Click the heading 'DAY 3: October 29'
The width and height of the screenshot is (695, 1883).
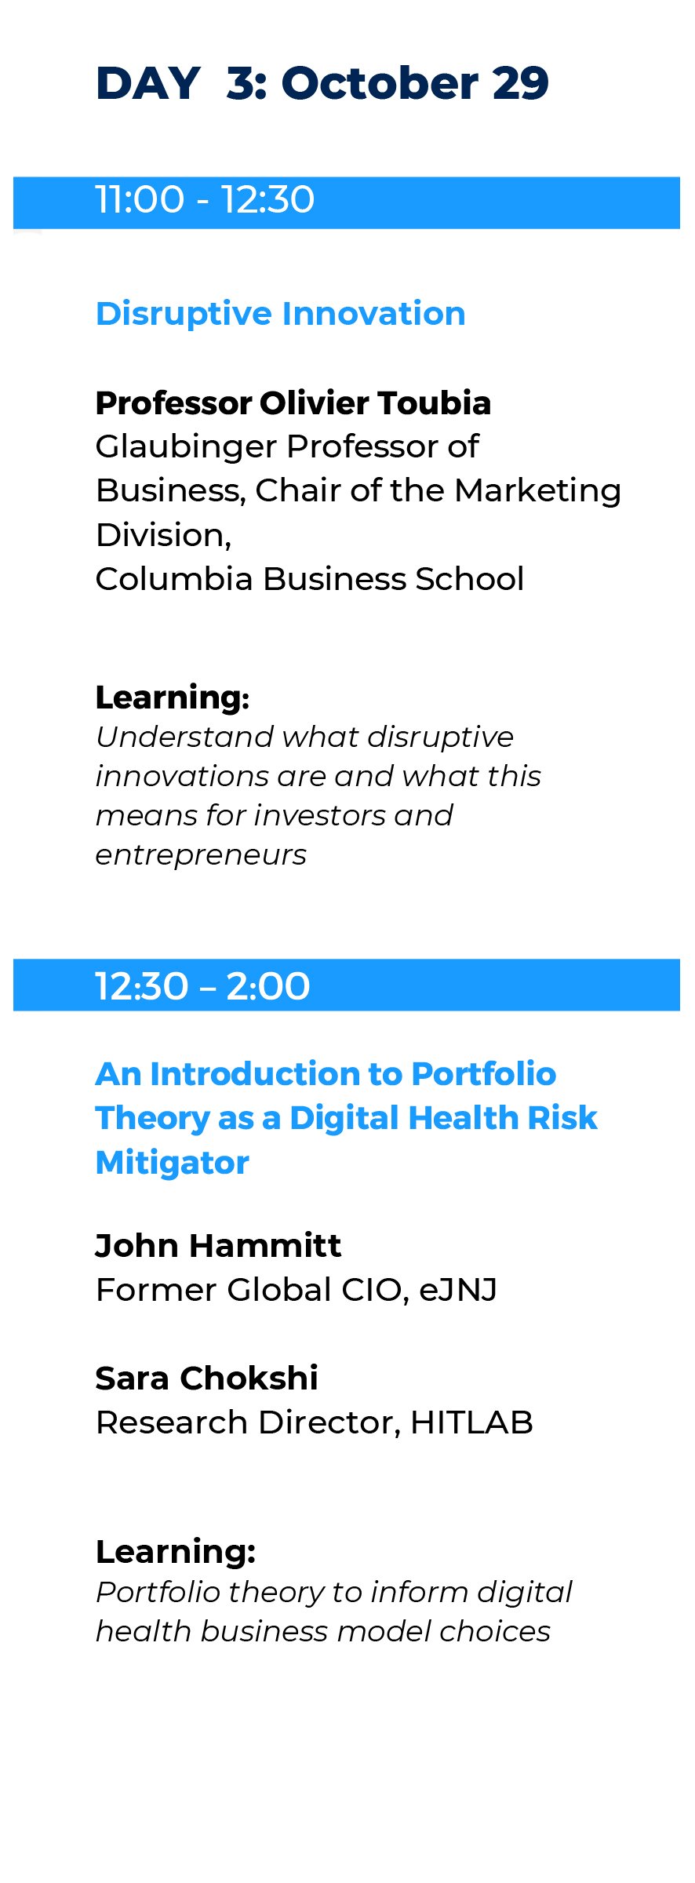[x=322, y=83]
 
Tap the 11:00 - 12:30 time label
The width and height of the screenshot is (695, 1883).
[x=205, y=200]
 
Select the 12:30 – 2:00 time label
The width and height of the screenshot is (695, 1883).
[x=202, y=986]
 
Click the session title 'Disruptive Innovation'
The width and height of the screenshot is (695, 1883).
[x=280, y=314]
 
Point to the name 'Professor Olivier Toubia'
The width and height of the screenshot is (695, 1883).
[x=293, y=403]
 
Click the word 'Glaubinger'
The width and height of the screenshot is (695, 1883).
[x=186, y=447]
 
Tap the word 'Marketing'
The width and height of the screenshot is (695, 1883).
[x=537, y=491]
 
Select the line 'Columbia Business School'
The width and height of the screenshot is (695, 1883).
[x=310, y=579]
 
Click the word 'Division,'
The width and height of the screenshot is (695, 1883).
[x=163, y=536]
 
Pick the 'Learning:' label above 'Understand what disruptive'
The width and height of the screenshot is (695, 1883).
[x=173, y=697]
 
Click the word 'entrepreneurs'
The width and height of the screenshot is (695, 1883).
[x=201, y=855]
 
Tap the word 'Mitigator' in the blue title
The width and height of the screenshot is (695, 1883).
[x=172, y=1163]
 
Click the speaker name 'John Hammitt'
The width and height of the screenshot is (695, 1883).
[x=218, y=1246]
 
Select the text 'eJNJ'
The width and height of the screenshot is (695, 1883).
[x=458, y=1290]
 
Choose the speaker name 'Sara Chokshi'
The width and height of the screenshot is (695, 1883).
[x=206, y=1379]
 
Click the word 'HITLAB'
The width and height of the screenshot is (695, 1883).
[x=471, y=1422]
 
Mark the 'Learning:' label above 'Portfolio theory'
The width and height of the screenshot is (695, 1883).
[x=176, y=1551]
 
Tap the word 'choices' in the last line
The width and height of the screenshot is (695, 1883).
[x=495, y=1632]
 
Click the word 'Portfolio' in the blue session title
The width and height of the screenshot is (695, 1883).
[x=483, y=1074]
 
